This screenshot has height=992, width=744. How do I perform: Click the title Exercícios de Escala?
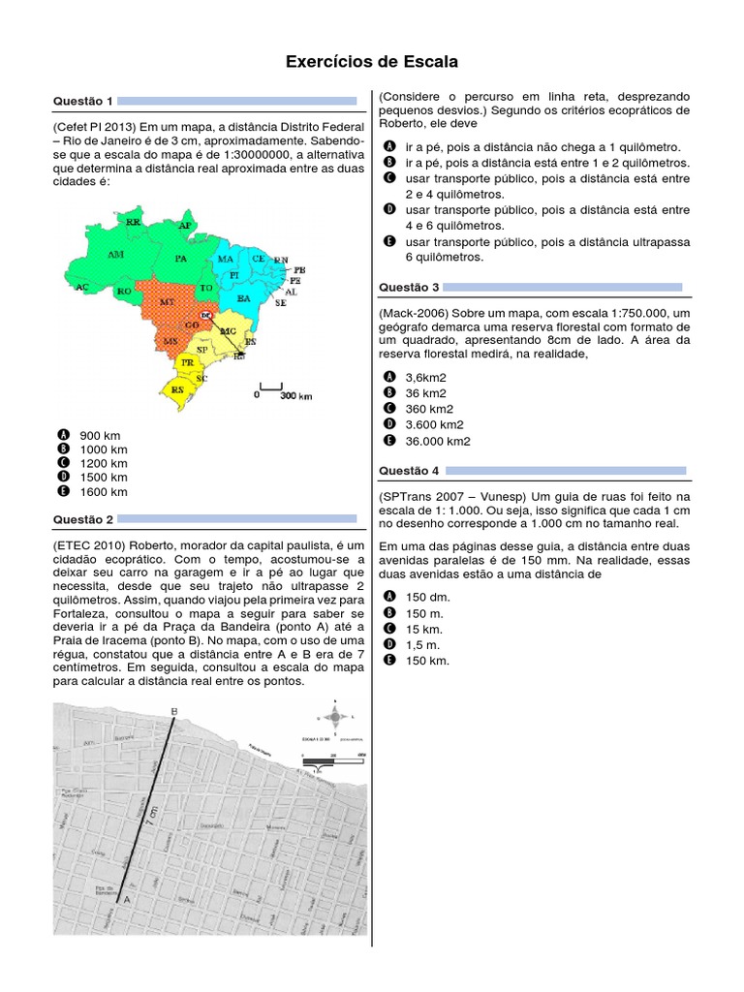coord(371,62)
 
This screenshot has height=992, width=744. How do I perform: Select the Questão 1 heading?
coord(83,101)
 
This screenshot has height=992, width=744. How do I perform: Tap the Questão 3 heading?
coord(409,287)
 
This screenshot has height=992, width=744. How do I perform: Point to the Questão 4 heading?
coord(409,470)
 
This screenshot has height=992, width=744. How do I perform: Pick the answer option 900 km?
coord(100,436)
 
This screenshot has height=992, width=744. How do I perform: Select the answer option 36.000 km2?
coord(438,441)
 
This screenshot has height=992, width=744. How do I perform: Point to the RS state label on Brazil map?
coord(177,389)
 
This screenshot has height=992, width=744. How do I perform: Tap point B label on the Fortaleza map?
coord(173,711)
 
